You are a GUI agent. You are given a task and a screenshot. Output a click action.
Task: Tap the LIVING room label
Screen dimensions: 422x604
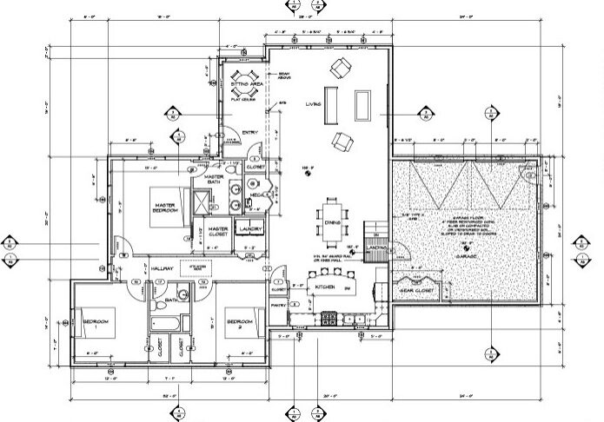314,104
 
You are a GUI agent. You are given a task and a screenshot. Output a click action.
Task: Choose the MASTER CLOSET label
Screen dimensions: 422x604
218,232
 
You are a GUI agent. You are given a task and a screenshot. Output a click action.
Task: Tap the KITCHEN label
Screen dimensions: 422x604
326,285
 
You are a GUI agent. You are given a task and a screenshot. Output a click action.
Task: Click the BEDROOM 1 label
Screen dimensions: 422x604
96,323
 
